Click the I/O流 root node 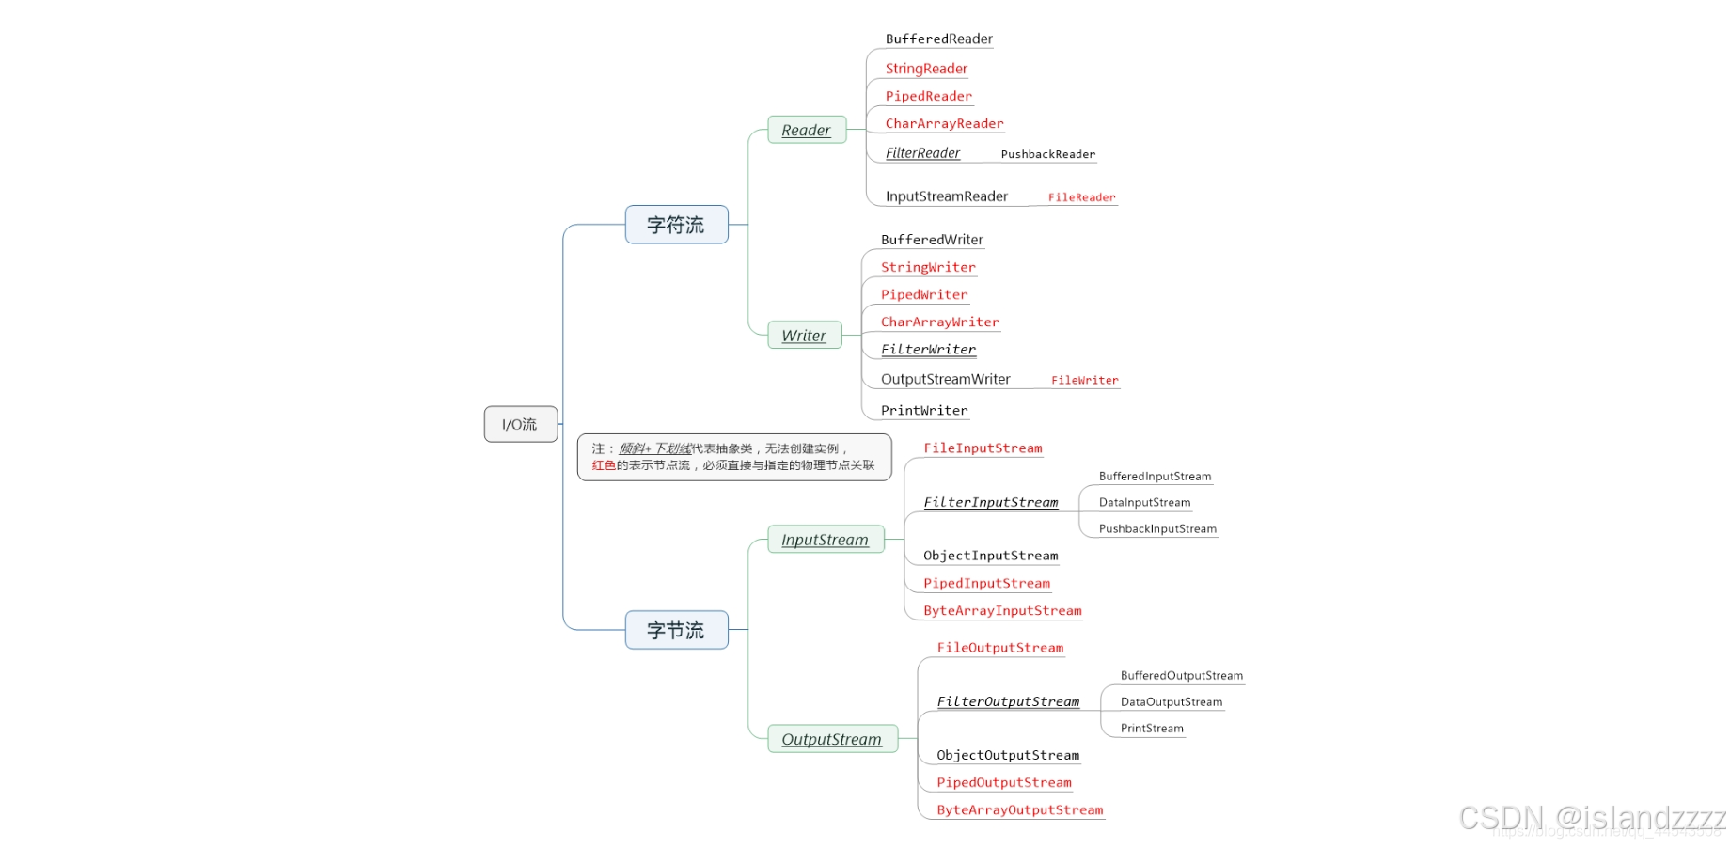point(520,424)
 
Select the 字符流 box point(676,225)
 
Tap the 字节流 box point(676,630)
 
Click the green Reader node point(806,131)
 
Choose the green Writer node point(804,336)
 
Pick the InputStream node point(825,540)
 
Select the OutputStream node point(831,739)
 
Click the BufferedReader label point(938,39)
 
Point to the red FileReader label point(1081,197)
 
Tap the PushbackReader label point(1047,154)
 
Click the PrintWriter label point(923,411)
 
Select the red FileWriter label point(1084,381)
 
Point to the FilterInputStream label point(990,503)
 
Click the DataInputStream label point(1144,503)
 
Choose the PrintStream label point(1152,729)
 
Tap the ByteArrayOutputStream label point(1019,810)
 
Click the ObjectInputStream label point(990,557)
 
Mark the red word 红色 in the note point(604,465)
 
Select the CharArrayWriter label point(939,322)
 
